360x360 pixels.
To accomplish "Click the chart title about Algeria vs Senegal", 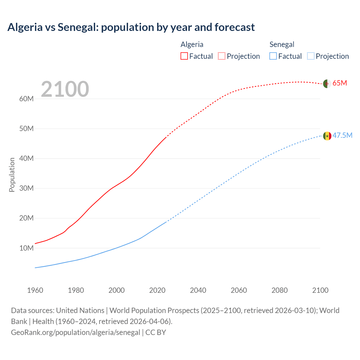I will [x=131, y=27].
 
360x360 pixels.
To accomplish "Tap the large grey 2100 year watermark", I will [x=65, y=89].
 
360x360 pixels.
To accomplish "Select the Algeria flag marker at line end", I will [x=327, y=84].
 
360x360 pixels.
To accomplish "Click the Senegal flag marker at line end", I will [x=327, y=136].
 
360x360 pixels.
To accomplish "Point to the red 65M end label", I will [x=340, y=83].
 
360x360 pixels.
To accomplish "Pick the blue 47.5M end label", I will [x=342, y=135].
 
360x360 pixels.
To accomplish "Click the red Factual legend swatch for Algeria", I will [x=184, y=56].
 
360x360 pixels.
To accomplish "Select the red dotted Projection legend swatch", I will [x=222, y=56].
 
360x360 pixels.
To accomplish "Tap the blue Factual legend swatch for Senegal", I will [x=273, y=56].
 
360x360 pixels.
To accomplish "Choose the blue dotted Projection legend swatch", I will [x=311, y=56].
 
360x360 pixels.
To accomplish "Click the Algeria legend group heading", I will [x=192, y=44].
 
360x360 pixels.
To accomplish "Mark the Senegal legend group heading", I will [x=282, y=44].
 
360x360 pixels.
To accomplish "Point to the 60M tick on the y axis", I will [x=26, y=99].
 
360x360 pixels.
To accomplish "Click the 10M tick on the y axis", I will [x=26, y=248].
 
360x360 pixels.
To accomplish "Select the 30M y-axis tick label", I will [x=26, y=188].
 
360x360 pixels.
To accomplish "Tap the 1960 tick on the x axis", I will [x=35, y=290].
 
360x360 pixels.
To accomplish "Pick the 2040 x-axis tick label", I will [x=198, y=290].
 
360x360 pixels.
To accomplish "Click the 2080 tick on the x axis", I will [x=280, y=290].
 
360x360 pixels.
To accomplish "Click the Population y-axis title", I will [x=12, y=175].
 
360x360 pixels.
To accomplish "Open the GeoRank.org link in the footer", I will [x=75, y=332].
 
